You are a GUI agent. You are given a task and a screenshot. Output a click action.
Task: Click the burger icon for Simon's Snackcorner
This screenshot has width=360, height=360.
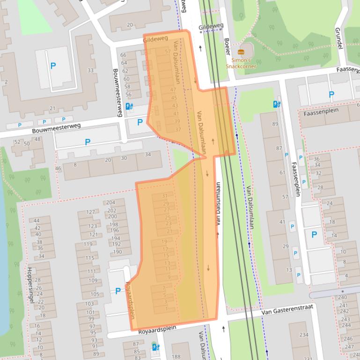pos(241,52)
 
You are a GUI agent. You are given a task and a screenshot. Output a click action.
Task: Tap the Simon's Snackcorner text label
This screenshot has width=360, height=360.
pos(241,63)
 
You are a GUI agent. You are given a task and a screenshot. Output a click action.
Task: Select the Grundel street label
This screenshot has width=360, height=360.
pos(338,38)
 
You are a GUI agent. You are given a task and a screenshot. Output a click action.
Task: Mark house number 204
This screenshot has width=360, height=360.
pos(110,202)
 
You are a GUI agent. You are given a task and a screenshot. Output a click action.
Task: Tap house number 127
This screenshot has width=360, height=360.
pos(90,212)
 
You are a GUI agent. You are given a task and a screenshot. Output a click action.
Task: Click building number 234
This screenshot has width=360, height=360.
pos(303,335)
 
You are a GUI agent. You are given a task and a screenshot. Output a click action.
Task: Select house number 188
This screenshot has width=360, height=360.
pos(176,357)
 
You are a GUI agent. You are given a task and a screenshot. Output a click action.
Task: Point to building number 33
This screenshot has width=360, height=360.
pos(90,71)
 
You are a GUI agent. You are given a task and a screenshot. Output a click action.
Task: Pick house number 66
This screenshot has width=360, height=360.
pos(124,55)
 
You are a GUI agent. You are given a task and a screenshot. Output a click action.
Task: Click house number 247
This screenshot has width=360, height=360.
pos(348,347)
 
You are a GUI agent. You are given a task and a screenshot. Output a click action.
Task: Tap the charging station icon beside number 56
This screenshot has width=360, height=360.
pos(129,107)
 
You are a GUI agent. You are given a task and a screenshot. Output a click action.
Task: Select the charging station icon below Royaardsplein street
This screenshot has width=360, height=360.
pos(155,347)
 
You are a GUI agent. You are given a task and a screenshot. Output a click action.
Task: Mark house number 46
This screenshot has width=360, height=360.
pos(58,168)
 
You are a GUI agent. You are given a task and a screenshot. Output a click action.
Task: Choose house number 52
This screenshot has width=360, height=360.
pos(17,142)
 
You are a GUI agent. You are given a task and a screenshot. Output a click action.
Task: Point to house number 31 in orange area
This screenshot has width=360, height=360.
pos(165,196)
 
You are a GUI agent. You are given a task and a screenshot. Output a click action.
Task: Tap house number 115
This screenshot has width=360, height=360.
pos(89,258)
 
